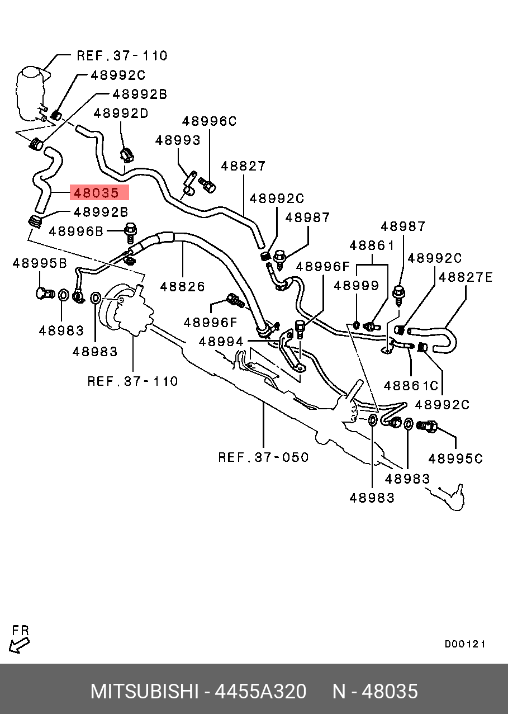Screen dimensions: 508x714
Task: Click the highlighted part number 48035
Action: tap(96, 193)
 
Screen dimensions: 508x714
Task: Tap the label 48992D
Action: tap(121, 114)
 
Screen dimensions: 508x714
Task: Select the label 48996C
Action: tap(210, 121)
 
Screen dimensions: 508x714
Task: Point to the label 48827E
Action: tap(466, 277)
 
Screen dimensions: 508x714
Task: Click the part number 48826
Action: tap(183, 286)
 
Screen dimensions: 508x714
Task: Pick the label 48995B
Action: tap(40, 263)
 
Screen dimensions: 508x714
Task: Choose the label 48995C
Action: tap(455, 458)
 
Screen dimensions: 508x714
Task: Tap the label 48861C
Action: tap(411, 386)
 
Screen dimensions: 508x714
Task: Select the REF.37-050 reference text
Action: tap(263, 457)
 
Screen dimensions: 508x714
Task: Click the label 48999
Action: tap(357, 286)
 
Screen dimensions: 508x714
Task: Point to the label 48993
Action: tap(178, 140)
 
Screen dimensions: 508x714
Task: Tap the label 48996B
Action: tap(76, 230)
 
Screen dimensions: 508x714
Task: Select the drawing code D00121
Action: tap(465, 644)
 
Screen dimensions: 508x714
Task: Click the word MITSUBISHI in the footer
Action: tap(144, 692)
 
